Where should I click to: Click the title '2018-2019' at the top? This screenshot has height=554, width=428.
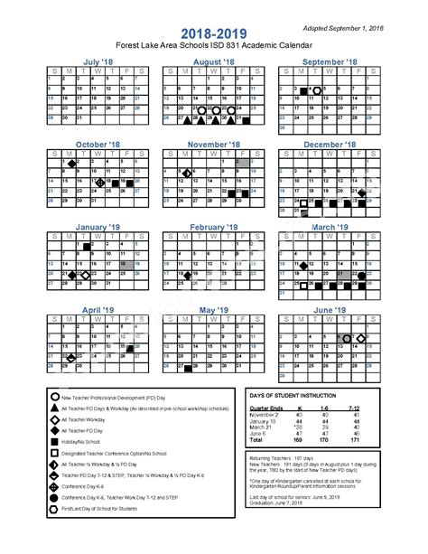click(213, 31)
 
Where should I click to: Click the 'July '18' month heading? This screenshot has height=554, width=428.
click(98, 61)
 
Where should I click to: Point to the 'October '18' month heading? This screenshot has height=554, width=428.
click(98, 144)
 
